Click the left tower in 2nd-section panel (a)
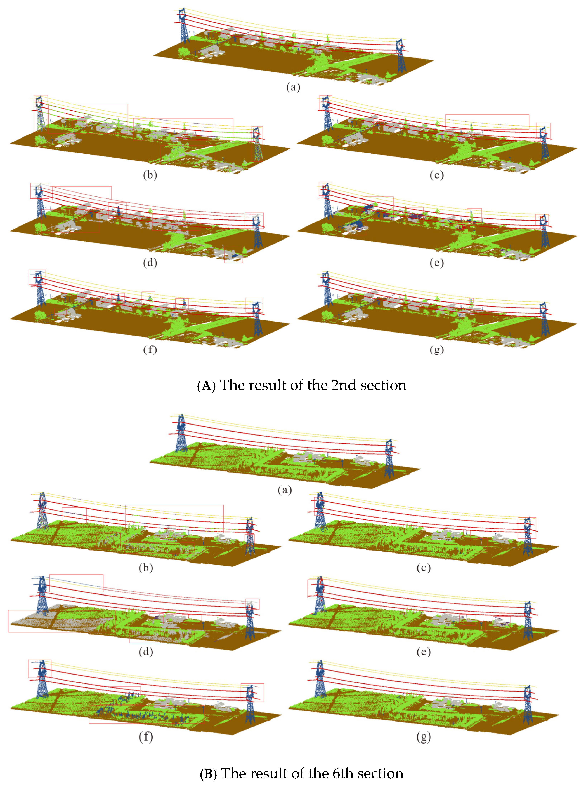(x=183, y=27)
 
